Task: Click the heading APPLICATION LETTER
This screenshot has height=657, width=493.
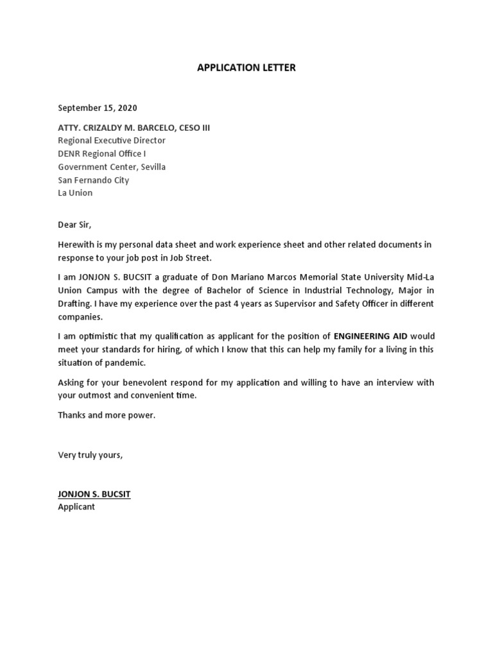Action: [246, 67]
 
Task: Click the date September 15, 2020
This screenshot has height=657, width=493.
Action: [98, 108]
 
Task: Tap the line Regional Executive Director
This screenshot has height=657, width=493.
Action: [112, 141]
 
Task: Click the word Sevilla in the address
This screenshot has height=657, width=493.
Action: [150, 167]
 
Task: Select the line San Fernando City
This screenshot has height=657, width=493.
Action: [94, 180]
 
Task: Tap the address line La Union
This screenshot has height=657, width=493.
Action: [75, 192]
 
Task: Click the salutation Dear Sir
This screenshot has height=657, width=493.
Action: [75, 225]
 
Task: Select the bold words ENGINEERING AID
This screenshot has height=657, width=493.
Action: [371, 336]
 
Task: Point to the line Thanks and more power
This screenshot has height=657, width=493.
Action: [107, 415]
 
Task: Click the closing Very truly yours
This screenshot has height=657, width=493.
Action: [90, 455]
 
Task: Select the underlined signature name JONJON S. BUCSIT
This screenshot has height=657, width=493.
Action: [94, 494]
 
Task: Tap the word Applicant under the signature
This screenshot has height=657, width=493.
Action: [76, 507]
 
